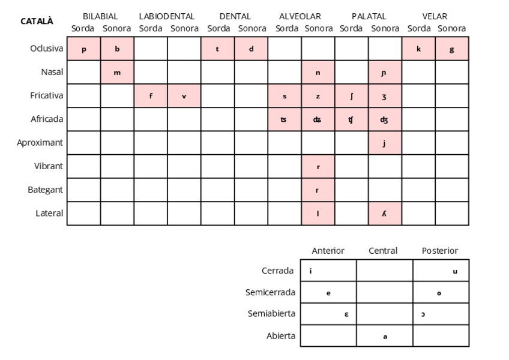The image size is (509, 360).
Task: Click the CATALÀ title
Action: click(37, 21)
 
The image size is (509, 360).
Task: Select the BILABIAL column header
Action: click(100, 16)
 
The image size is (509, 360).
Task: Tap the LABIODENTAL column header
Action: click(167, 16)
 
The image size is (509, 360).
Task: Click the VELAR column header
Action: click(435, 16)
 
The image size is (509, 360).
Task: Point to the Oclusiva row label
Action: click(47, 49)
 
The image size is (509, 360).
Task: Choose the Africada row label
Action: click(47, 119)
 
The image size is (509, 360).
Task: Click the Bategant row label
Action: click(46, 190)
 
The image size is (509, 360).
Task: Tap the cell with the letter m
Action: click(117, 73)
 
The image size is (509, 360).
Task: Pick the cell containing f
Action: click(151, 96)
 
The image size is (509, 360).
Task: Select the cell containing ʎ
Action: click(384, 214)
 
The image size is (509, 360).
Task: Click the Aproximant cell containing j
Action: click(384, 143)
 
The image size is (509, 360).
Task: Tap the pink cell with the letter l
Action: click(318, 214)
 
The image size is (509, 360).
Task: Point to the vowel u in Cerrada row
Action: click(455, 271)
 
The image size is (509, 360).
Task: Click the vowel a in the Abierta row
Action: click(385, 337)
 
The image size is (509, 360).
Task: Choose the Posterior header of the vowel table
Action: click(440, 251)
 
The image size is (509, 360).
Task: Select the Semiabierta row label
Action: click(271, 314)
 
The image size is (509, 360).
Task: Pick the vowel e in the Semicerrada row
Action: click(328, 293)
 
